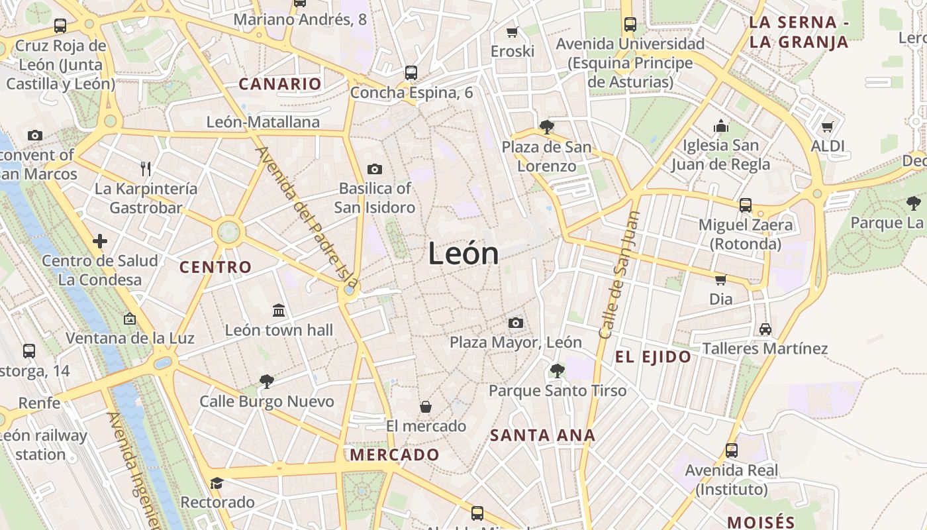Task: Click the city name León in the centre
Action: click(463, 253)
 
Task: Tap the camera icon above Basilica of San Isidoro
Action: click(375, 169)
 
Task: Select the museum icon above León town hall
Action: click(279, 310)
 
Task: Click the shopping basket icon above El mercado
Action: click(426, 406)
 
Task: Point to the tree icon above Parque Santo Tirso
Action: click(558, 371)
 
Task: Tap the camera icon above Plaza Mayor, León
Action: click(516, 323)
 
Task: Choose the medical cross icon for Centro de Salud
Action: click(100, 240)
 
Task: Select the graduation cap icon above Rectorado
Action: click(217, 483)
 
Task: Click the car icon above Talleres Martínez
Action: click(765, 329)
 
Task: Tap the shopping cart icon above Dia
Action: click(720, 280)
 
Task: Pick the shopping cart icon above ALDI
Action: click(827, 127)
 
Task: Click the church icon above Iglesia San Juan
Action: click(720, 126)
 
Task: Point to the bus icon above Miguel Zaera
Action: click(746, 205)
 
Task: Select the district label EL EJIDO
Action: click(653, 357)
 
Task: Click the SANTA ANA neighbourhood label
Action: click(543, 435)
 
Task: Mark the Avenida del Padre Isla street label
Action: click(306, 217)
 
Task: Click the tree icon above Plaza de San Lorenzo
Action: click(546, 127)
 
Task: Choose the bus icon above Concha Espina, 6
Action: click(411, 72)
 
